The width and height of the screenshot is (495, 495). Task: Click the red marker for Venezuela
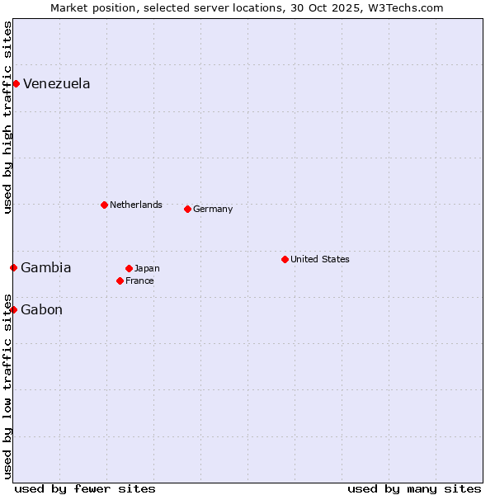point(16,83)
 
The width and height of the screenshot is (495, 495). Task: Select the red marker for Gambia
point(13,267)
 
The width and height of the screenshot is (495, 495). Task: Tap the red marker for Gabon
point(13,309)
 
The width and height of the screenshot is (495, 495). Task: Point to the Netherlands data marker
point(104,205)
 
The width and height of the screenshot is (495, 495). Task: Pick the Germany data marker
point(187,209)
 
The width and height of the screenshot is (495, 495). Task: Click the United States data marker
point(285,259)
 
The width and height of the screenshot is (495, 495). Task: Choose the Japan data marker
point(129,268)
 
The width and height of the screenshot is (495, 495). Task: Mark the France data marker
point(120,280)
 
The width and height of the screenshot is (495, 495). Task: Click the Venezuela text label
point(57,83)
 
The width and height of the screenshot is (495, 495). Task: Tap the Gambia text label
point(46,267)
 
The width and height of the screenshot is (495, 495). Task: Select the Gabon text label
point(41,309)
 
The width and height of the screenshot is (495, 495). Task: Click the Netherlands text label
point(136,205)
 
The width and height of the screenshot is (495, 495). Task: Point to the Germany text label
point(213,209)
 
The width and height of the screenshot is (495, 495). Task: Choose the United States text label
point(320,259)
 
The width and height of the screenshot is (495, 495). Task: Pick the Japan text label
point(147,268)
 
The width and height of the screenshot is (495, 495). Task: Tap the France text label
point(139,280)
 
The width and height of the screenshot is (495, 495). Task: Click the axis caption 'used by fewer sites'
point(85,488)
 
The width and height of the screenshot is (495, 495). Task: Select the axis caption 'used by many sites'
point(414,488)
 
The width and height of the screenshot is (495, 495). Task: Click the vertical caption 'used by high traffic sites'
point(7,117)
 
